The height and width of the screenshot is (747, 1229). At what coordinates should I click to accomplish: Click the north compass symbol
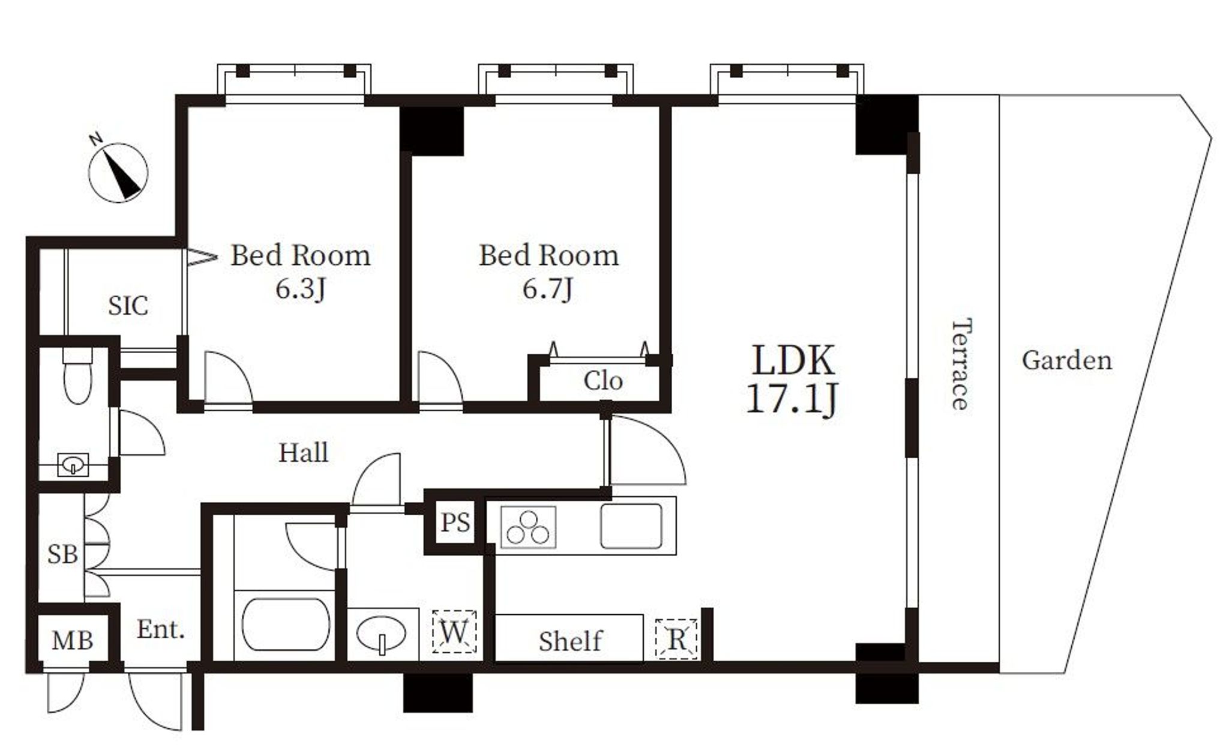coord(118,172)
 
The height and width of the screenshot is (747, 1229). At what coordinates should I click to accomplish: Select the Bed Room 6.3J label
coord(301,272)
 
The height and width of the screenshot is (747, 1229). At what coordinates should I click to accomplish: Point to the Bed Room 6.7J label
coord(548,272)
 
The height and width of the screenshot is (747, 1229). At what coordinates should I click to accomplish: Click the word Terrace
coord(961,364)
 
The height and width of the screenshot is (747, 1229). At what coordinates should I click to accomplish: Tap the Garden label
coord(1067,360)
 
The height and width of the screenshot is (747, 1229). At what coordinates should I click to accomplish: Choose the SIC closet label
coord(128,306)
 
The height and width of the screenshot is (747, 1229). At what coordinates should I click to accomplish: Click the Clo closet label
coord(603,381)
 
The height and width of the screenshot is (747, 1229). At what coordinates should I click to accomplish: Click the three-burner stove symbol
coord(528,527)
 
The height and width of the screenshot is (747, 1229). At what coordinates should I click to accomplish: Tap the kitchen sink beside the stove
coord(631,526)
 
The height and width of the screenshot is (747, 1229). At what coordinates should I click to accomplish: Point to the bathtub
coord(286,625)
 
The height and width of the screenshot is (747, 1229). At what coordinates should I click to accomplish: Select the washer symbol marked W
coord(454,632)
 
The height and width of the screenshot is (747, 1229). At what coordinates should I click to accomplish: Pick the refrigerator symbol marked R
coord(676,639)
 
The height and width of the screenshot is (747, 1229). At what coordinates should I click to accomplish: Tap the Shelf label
coord(570,641)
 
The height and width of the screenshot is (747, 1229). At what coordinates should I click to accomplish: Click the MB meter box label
coord(72,641)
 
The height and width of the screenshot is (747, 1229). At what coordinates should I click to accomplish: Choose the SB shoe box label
coord(62,554)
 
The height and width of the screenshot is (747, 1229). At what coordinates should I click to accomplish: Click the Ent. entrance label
coord(161,630)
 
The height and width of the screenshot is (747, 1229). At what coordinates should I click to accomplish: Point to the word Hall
coord(304,452)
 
